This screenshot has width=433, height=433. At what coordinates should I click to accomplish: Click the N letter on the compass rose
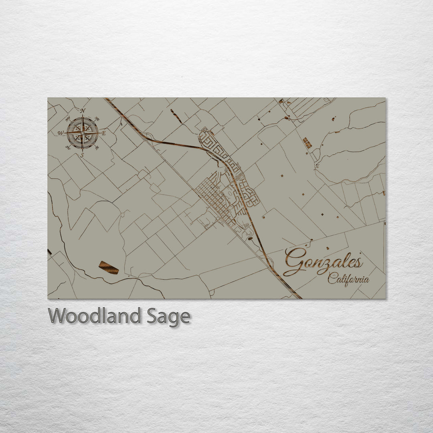(83, 111)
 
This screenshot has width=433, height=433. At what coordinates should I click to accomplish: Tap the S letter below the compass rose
(82, 155)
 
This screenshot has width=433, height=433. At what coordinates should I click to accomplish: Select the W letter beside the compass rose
(61, 133)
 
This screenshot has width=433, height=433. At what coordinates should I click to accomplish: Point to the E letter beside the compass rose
(103, 133)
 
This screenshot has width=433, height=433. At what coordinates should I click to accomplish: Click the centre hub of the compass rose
(82, 133)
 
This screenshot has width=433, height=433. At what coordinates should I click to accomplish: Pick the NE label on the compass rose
(97, 119)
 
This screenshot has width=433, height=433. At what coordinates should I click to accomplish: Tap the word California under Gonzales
(348, 279)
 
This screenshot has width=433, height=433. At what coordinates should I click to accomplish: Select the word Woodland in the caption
(94, 316)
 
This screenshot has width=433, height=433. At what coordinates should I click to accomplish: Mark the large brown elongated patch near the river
(109, 267)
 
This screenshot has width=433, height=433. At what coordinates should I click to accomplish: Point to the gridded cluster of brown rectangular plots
(307, 143)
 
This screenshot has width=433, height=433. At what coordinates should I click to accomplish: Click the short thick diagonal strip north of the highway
(176, 116)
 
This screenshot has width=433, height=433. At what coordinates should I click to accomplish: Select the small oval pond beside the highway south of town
(250, 239)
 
